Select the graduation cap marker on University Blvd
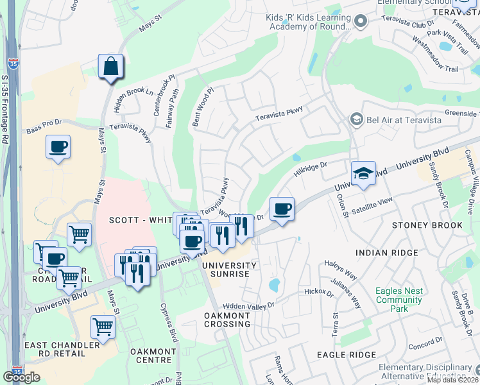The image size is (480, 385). [363, 173]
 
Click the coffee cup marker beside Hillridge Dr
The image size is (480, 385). [282, 209]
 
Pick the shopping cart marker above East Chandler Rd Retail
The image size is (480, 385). [103, 327]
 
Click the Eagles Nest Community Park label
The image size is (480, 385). [399, 300]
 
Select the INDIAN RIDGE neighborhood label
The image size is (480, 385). [395, 253]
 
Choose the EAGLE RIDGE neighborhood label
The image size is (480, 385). [346, 355]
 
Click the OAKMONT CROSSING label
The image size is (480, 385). [227, 320]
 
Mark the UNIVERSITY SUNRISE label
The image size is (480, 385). [225, 269]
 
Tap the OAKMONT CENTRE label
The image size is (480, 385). [153, 356]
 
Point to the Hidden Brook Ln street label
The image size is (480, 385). [133, 100]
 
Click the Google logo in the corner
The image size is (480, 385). [22, 377]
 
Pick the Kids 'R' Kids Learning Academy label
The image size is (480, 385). [309, 22]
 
